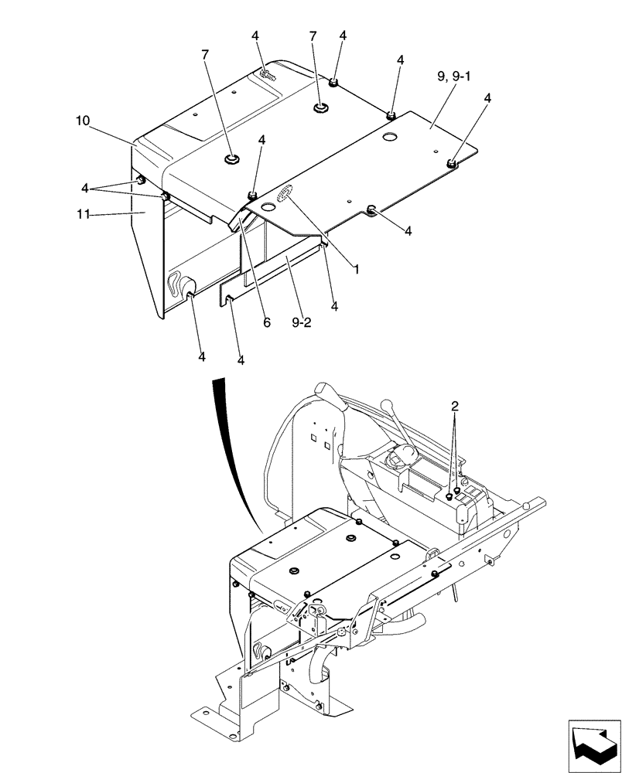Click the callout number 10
coord(83,121)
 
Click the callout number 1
coord(357,270)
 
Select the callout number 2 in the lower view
coord(456,405)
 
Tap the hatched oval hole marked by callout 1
coord(283,194)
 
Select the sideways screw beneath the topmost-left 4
coord(267,75)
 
